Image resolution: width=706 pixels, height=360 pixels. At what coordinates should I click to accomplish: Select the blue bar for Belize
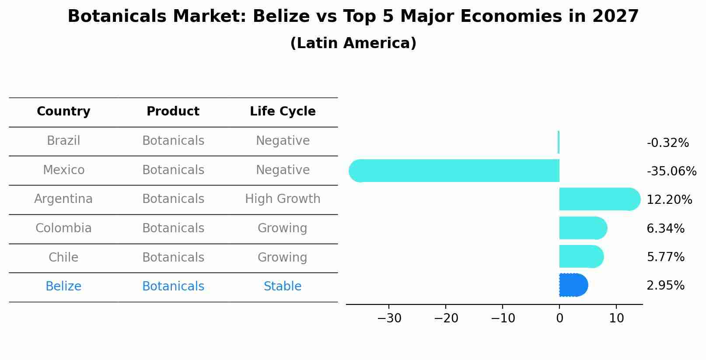tap(573, 285)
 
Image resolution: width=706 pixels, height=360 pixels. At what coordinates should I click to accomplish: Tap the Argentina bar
tap(599, 199)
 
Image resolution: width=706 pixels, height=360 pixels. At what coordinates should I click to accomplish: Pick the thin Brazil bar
tap(559, 142)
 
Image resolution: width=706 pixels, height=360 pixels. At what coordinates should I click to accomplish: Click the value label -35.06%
tap(671, 171)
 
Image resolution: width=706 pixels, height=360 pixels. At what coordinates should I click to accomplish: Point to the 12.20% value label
tap(669, 200)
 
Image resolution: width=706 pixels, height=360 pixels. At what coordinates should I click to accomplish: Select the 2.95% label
tap(665, 286)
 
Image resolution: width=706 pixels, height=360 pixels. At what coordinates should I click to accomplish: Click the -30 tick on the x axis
tap(389, 318)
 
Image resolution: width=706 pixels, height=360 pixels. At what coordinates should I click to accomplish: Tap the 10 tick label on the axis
tap(616, 318)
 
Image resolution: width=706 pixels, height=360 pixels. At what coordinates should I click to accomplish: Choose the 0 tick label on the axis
tap(559, 318)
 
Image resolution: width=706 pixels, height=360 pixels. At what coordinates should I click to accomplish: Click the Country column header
tap(63, 112)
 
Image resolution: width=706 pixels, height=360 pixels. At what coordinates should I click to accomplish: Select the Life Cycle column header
tap(283, 112)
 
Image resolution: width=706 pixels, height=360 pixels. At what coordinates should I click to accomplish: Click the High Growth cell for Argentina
tap(283, 199)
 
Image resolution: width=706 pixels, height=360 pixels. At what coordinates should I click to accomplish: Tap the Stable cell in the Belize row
tap(283, 287)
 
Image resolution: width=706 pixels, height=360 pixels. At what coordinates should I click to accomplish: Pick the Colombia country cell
tap(63, 228)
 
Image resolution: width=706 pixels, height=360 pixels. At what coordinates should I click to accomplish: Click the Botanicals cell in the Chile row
tap(173, 257)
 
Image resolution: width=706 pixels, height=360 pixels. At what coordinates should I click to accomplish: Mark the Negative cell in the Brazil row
tap(283, 141)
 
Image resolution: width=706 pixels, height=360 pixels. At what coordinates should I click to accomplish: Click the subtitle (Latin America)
tap(353, 43)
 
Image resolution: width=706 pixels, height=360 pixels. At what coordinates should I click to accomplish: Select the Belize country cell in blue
tap(63, 287)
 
